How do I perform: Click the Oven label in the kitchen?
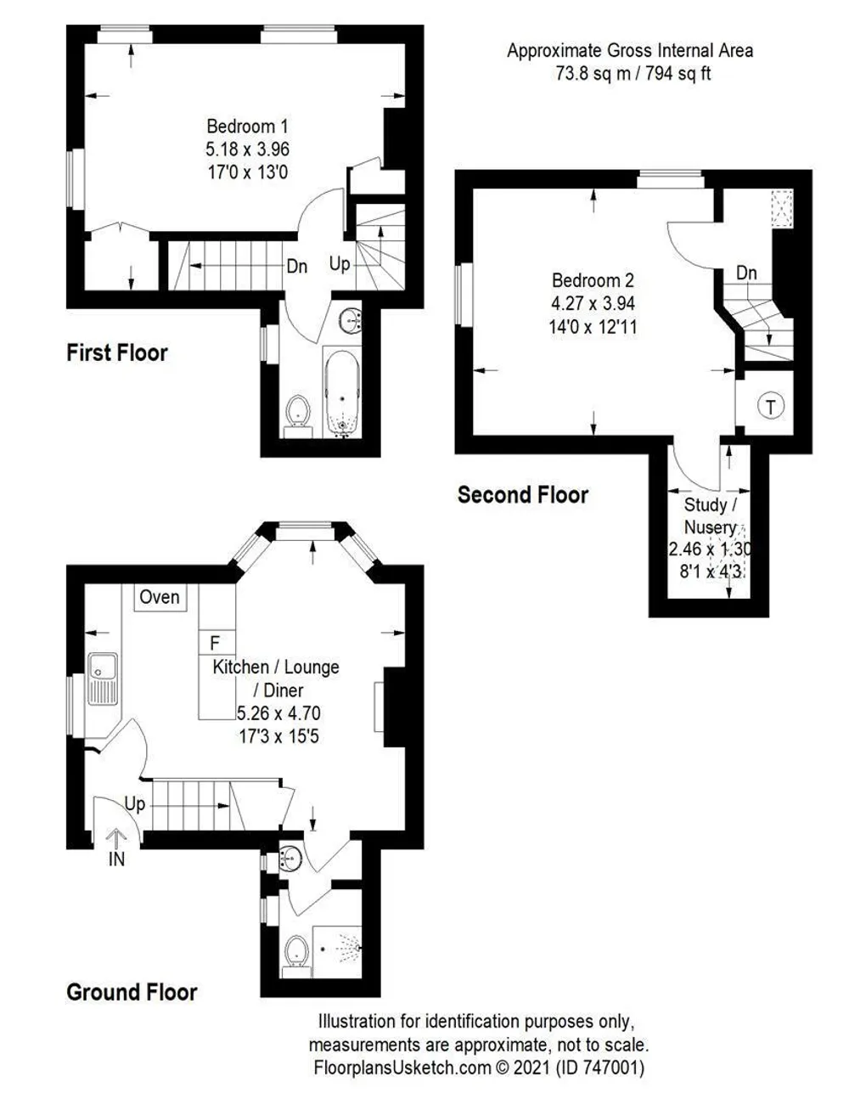click(160, 597)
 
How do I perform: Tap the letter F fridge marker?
click(215, 643)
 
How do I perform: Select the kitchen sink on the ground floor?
click(103, 679)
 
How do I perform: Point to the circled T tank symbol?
click(771, 406)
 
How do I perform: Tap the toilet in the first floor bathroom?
click(298, 416)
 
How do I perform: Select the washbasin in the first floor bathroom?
click(351, 319)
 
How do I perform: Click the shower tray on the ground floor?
click(337, 952)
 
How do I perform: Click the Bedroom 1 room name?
click(247, 126)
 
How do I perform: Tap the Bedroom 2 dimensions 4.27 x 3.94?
click(593, 303)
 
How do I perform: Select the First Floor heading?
click(117, 352)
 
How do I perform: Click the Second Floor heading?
click(523, 495)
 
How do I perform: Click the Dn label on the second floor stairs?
click(746, 273)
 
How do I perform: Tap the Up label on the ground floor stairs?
click(135, 804)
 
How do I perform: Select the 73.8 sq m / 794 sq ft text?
click(633, 74)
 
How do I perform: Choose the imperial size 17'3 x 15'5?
click(279, 736)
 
